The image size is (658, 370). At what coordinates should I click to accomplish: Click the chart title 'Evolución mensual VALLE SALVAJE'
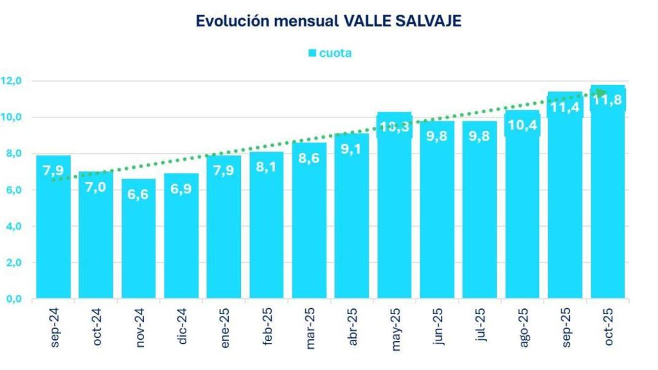(328, 21)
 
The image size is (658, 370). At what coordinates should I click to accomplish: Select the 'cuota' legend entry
(330, 53)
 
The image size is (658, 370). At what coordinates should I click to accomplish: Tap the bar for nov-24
(138, 244)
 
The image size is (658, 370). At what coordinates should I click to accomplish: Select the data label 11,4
(564, 107)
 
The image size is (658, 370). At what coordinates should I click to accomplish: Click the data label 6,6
(138, 195)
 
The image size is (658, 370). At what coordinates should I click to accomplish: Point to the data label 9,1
(351, 149)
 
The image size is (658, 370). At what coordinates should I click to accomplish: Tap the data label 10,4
(522, 125)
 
